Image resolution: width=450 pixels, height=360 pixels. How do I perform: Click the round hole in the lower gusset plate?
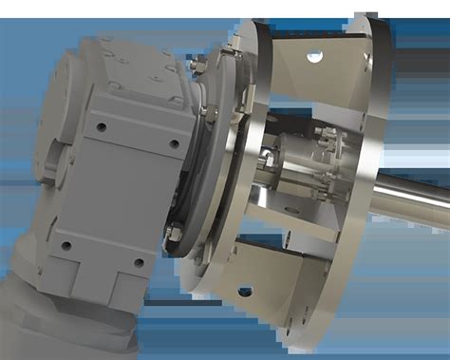pyautogui.click(x=245, y=292)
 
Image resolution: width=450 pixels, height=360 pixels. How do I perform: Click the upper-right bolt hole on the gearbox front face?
pyautogui.click(x=174, y=143)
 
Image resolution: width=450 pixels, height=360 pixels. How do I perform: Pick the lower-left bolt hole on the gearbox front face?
pyautogui.click(x=66, y=245)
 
